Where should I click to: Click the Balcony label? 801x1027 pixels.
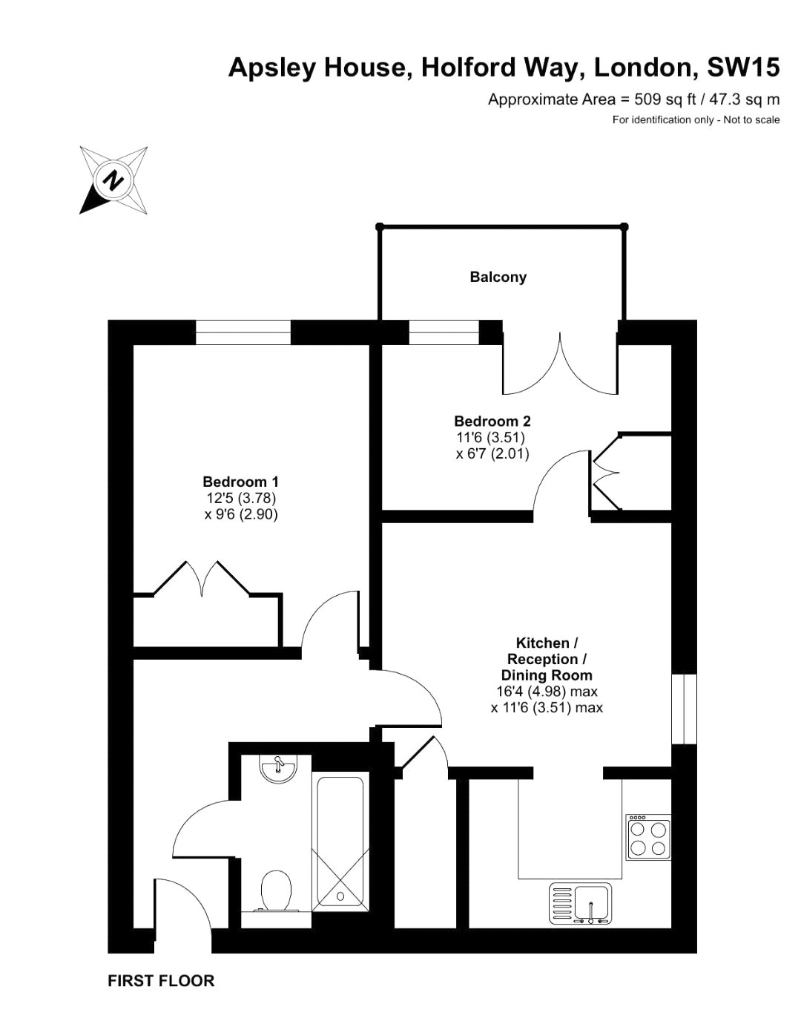pos(498,277)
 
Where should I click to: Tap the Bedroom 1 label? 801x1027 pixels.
pos(240,481)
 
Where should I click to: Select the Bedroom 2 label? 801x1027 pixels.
pos(492,421)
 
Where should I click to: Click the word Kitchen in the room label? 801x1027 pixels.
pos(542,643)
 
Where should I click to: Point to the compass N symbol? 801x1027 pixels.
pos(113,180)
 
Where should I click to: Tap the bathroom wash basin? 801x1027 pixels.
pos(278,768)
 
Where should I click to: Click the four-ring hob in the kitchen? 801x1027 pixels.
pos(648,837)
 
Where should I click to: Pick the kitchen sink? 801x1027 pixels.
pos(580,903)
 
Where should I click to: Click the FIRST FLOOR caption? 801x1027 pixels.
pos(161,981)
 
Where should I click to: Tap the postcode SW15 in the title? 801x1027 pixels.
pos(742,68)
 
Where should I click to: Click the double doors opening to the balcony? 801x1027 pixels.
pos(560,364)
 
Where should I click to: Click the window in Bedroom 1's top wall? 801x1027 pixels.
pos(243,332)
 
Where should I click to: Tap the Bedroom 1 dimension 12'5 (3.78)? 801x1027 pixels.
pos(242,497)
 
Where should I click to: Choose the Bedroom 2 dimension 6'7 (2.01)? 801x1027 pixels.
pos(492,453)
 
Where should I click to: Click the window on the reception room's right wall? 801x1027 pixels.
pos(683,709)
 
